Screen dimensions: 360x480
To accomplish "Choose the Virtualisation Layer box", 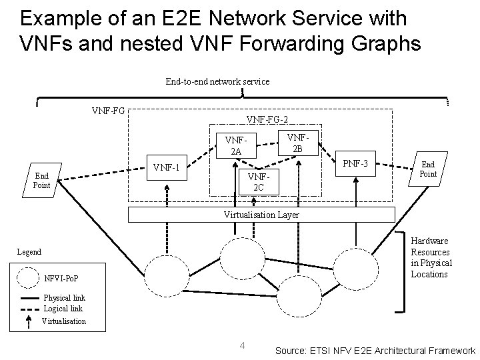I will point(261,215).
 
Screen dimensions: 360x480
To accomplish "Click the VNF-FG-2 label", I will point(267,119).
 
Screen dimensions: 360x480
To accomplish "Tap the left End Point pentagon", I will point(41,180).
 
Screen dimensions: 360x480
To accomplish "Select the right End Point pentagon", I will point(428,169).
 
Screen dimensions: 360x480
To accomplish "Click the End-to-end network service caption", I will point(217,81).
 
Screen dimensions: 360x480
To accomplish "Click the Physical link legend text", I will point(65,298).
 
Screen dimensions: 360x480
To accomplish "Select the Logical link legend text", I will point(63,309).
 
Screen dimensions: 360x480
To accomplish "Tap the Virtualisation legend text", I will point(64,321).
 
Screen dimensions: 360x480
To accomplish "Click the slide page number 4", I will point(243,345).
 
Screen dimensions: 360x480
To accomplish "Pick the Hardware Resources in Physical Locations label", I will point(431,257).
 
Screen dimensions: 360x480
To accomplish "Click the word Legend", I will point(29,252).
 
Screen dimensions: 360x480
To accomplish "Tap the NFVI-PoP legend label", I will point(61,277).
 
